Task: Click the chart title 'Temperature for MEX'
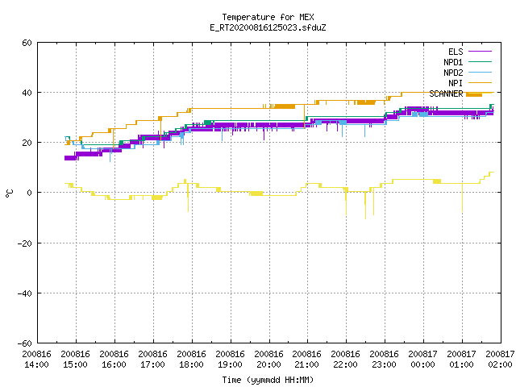(x=268, y=17)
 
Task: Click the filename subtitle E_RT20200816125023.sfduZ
(x=268, y=27)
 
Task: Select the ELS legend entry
(x=470, y=52)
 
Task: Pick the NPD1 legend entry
(x=468, y=62)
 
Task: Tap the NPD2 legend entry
(x=468, y=73)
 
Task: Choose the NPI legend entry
(x=470, y=83)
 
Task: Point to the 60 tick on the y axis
(x=27, y=43)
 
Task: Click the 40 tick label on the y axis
(x=27, y=93)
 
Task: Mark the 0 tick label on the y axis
(x=30, y=193)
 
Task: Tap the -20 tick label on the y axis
(x=25, y=243)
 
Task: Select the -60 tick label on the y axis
(x=25, y=343)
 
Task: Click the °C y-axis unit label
(x=9, y=193)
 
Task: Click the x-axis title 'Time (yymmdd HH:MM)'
(x=268, y=380)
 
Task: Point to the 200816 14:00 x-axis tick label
(x=37, y=360)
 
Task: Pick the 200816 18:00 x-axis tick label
(x=192, y=360)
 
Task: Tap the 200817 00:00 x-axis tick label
(x=423, y=360)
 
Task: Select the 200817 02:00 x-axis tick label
(x=500, y=360)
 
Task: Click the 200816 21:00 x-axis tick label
(x=307, y=360)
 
